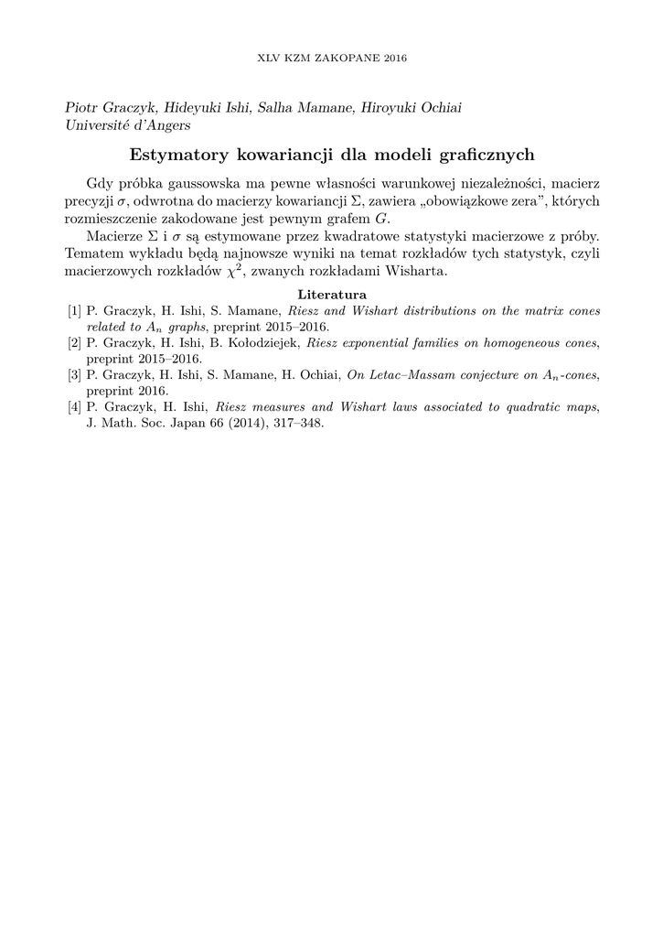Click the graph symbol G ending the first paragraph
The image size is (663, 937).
pos(381,218)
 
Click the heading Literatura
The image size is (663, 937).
pos(332,295)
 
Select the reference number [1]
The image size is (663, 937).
pos(74,311)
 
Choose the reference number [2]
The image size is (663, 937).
pos(74,343)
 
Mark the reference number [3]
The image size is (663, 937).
pos(74,374)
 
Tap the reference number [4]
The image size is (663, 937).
pos(74,406)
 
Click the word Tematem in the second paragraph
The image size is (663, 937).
pos(93,253)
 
